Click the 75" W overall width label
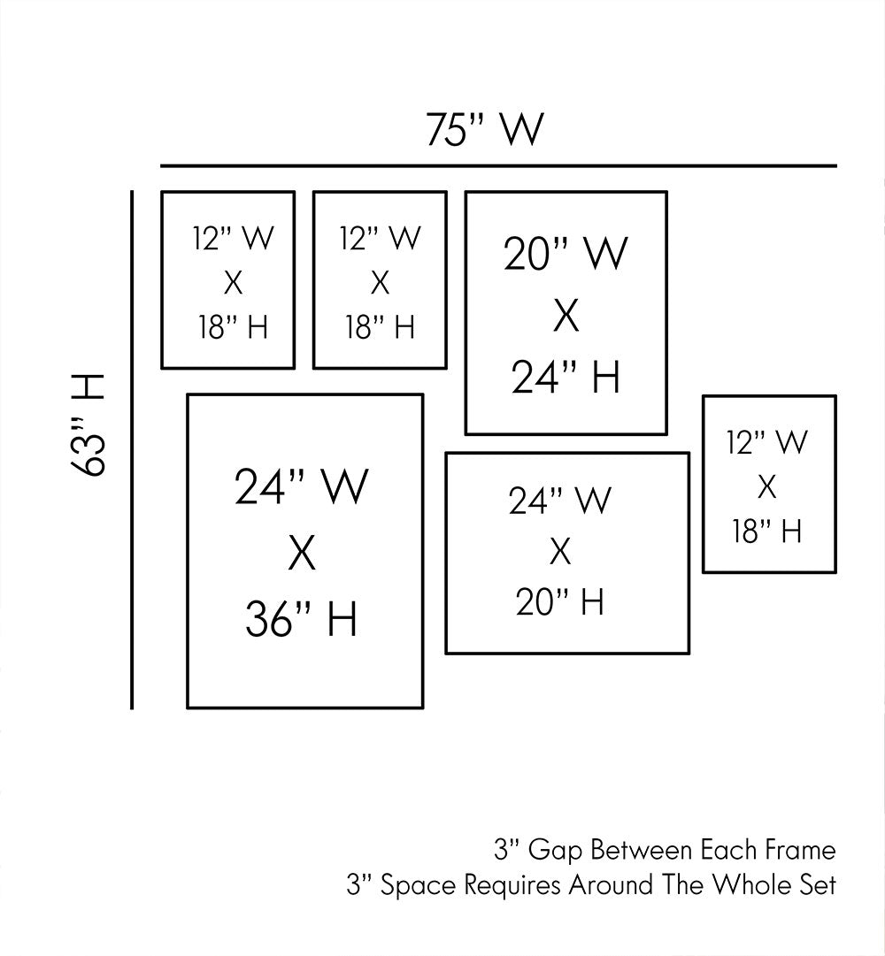pos(483,130)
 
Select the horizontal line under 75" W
pos(498,165)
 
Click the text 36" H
pos(301,618)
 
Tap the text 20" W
pos(566,255)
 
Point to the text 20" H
pos(560,603)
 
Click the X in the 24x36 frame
pos(302,554)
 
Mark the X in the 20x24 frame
pos(566,317)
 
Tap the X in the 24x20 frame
pos(559,553)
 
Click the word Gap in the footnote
pos(555,851)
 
